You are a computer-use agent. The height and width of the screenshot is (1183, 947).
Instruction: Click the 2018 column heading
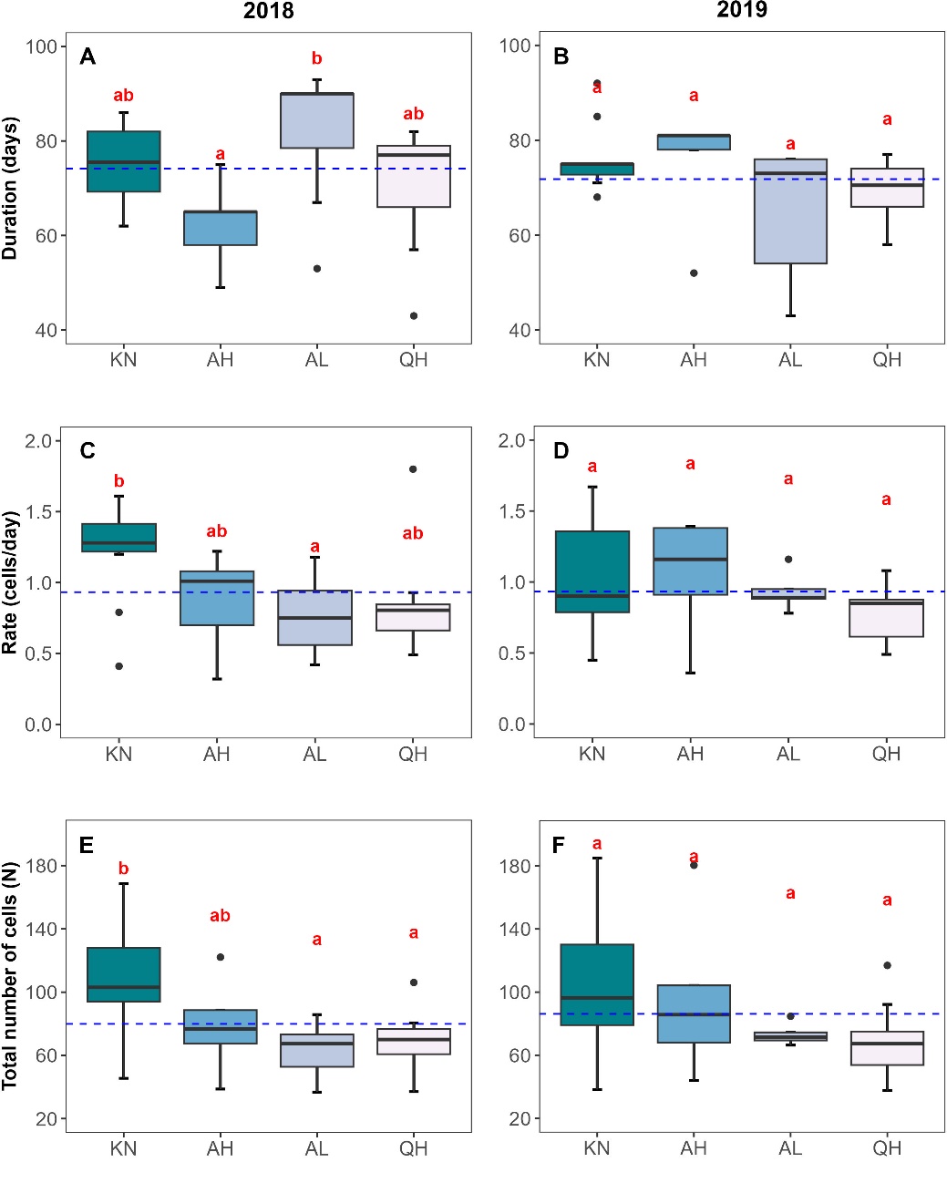pyautogui.click(x=268, y=11)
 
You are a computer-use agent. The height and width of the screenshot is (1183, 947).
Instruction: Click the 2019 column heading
pyautogui.click(x=742, y=10)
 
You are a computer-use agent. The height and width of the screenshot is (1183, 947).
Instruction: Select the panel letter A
pyautogui.click(x=87, y=57)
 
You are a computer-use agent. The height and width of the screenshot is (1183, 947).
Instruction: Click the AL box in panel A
pyautogui.click(x=317, y=120)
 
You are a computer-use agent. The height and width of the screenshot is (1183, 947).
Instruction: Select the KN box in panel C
pyautogui.click(x=119, y=538)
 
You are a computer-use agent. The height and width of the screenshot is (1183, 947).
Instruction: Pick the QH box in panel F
pyautogui.click(x=887, y=1048)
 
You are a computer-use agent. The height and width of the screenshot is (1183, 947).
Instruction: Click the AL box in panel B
pyautogui.click(x=790, y=211)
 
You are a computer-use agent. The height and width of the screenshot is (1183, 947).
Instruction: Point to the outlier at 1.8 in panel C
pyautogui.click(x=413, y=469)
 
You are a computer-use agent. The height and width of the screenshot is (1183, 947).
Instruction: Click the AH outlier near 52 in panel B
pyautogui.click(x=694, y=273)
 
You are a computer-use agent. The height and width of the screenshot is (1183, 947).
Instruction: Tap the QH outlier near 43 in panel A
pyautogui.click(x=414, y=315)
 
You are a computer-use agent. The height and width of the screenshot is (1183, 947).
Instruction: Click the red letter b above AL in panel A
pyautogui.click(x=316, y=58)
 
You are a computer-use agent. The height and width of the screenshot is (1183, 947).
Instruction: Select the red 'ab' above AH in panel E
pyautogui.click(x=220, y=916)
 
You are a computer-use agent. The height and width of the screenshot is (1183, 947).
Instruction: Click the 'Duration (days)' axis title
pyautogui.click(x=11, y=188)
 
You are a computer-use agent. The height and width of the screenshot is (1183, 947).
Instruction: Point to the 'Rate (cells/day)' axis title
pyautogui.click(x=11, y=582)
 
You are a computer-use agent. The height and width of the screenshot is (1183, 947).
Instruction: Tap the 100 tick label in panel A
pyautogui.click(x=41, y=46)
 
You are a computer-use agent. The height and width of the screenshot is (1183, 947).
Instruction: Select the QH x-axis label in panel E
pyautogui.click(x=413, y=1148)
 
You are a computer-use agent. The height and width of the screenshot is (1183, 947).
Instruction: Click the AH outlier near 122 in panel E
pyautogui.click(x=220, y=957)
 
